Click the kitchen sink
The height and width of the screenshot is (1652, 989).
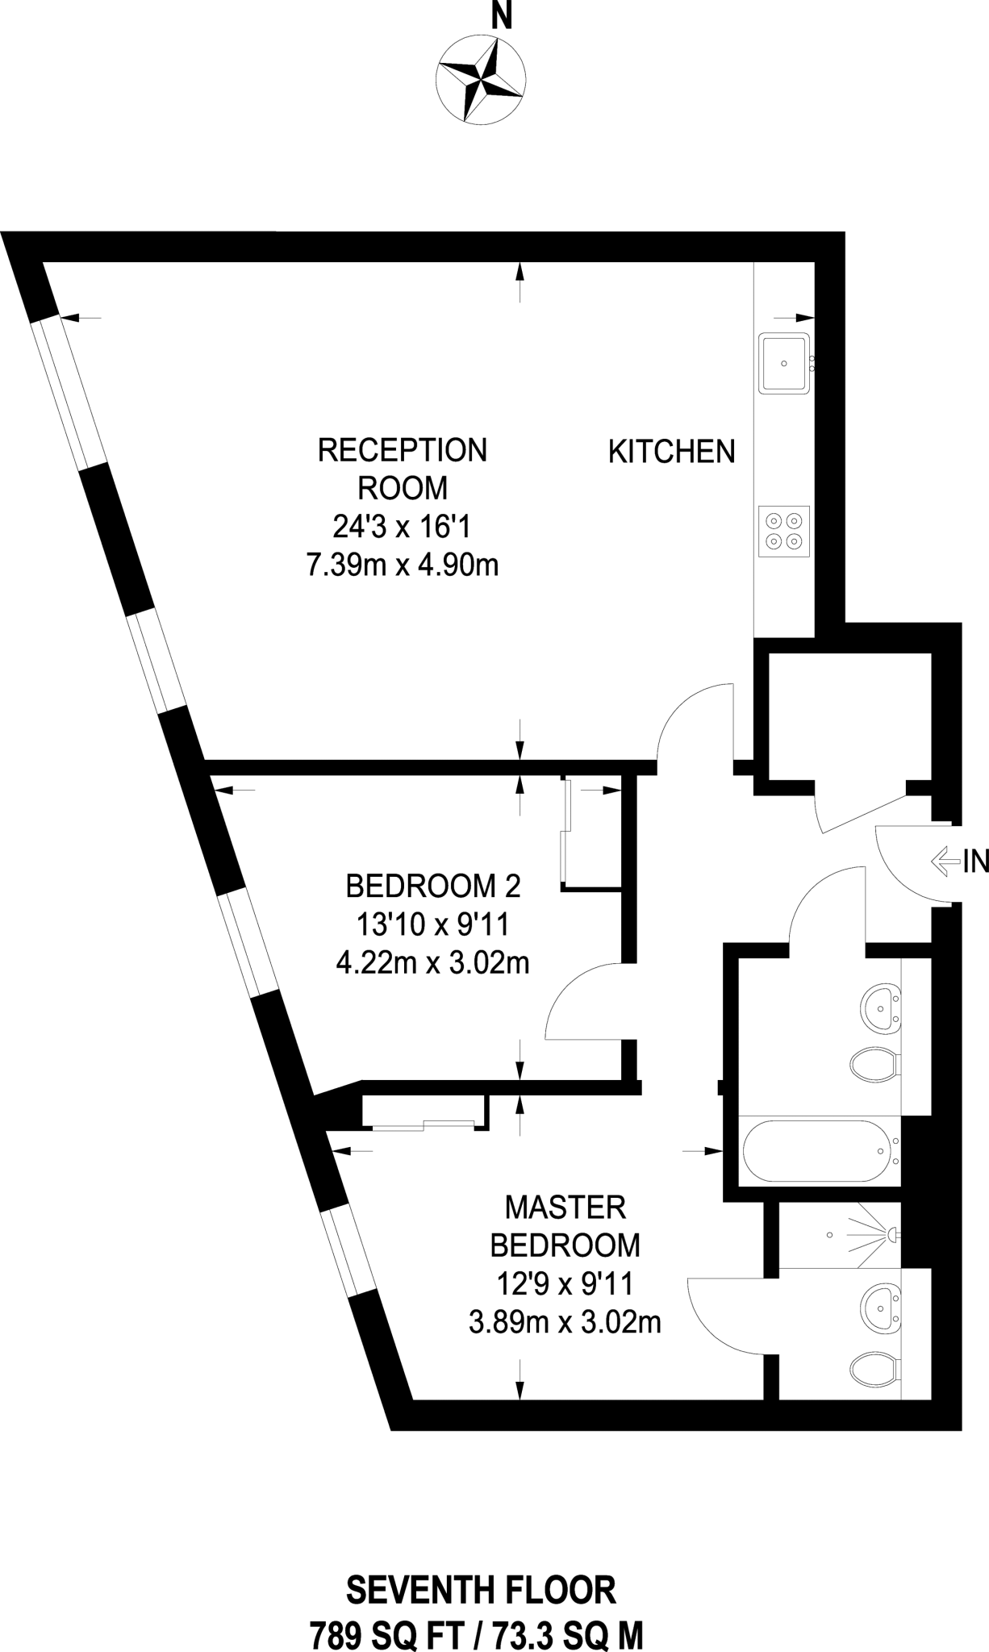tap(783, 363)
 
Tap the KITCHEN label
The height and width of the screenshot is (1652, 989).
tap(671, 452)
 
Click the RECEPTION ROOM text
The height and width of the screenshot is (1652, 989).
tap(403, 469)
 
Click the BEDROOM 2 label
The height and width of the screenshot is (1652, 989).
tap(433, 886)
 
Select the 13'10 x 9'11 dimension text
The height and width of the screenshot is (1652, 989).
tap(433, 924)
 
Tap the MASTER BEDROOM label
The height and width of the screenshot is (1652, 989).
tap(565, 1226)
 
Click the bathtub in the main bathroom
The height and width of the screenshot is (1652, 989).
tap(820, 1151)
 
